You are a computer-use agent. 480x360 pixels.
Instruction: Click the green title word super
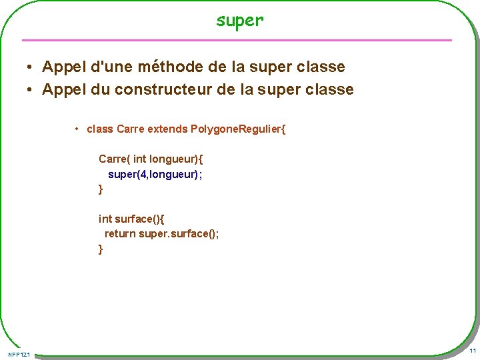tap(240, 21)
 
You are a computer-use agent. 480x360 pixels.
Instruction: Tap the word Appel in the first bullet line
tap(63, 67)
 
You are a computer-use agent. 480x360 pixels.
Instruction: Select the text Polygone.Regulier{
tap(238, 129)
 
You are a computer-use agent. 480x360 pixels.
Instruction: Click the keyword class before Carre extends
tap(100, 129)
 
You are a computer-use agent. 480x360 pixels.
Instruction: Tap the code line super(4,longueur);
tap(155, 174)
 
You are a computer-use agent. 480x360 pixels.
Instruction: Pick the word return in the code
tap(120, 233)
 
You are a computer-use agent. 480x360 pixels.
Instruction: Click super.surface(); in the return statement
tap(179, 233)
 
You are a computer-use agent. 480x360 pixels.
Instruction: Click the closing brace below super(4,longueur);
tap(101, 189)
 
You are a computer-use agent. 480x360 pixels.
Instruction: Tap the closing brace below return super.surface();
tap(101, 249)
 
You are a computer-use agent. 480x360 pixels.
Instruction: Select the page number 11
tap(472, 351)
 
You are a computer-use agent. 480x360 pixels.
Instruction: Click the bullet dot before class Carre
tap(78, 129)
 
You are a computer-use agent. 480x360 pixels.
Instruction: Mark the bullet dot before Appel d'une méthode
tap(31, 67)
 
